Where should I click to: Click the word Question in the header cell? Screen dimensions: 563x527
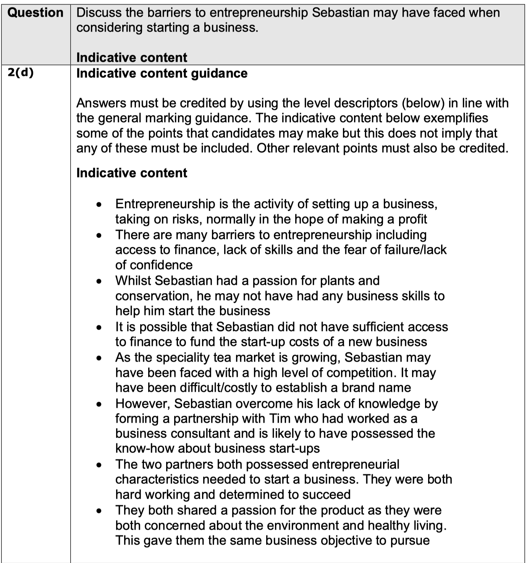35,13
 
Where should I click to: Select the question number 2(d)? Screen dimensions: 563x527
21,72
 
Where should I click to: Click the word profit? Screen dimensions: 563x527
412,219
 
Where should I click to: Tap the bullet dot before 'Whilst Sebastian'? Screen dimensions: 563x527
99,281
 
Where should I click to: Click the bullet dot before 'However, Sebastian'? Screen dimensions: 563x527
99,404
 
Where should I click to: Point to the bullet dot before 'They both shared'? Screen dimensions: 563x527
99,511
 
